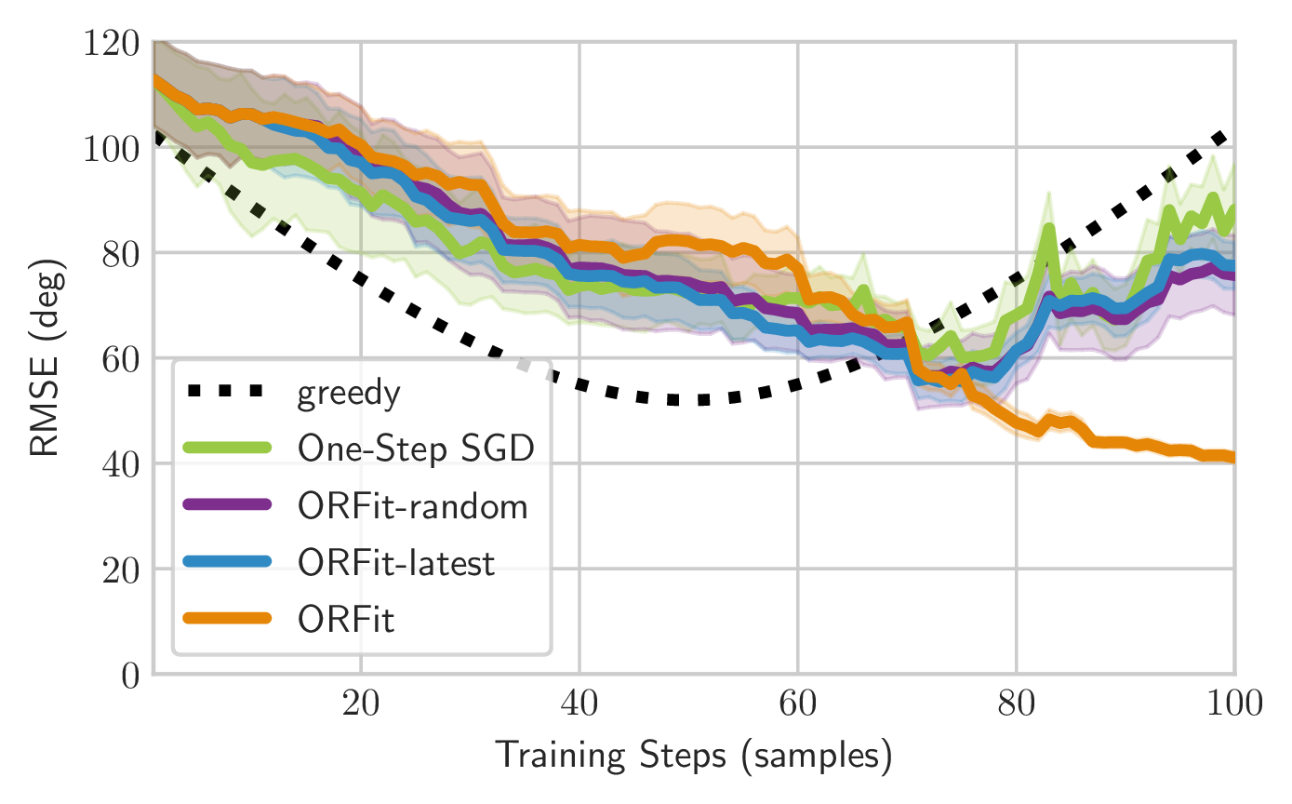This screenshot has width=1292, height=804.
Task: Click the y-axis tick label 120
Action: [x=112, y=43]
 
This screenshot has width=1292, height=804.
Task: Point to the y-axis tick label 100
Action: [x=112, y=148]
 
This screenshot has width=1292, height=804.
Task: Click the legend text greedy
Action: [x=349, y=395]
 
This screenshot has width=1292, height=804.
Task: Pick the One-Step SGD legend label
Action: [x=416, y=449]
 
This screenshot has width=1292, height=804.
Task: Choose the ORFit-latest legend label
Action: [x=397, y=563]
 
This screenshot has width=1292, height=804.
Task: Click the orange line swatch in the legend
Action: [x=228, y=620]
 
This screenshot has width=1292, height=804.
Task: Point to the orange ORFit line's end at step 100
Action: [x=1233, y=457]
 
